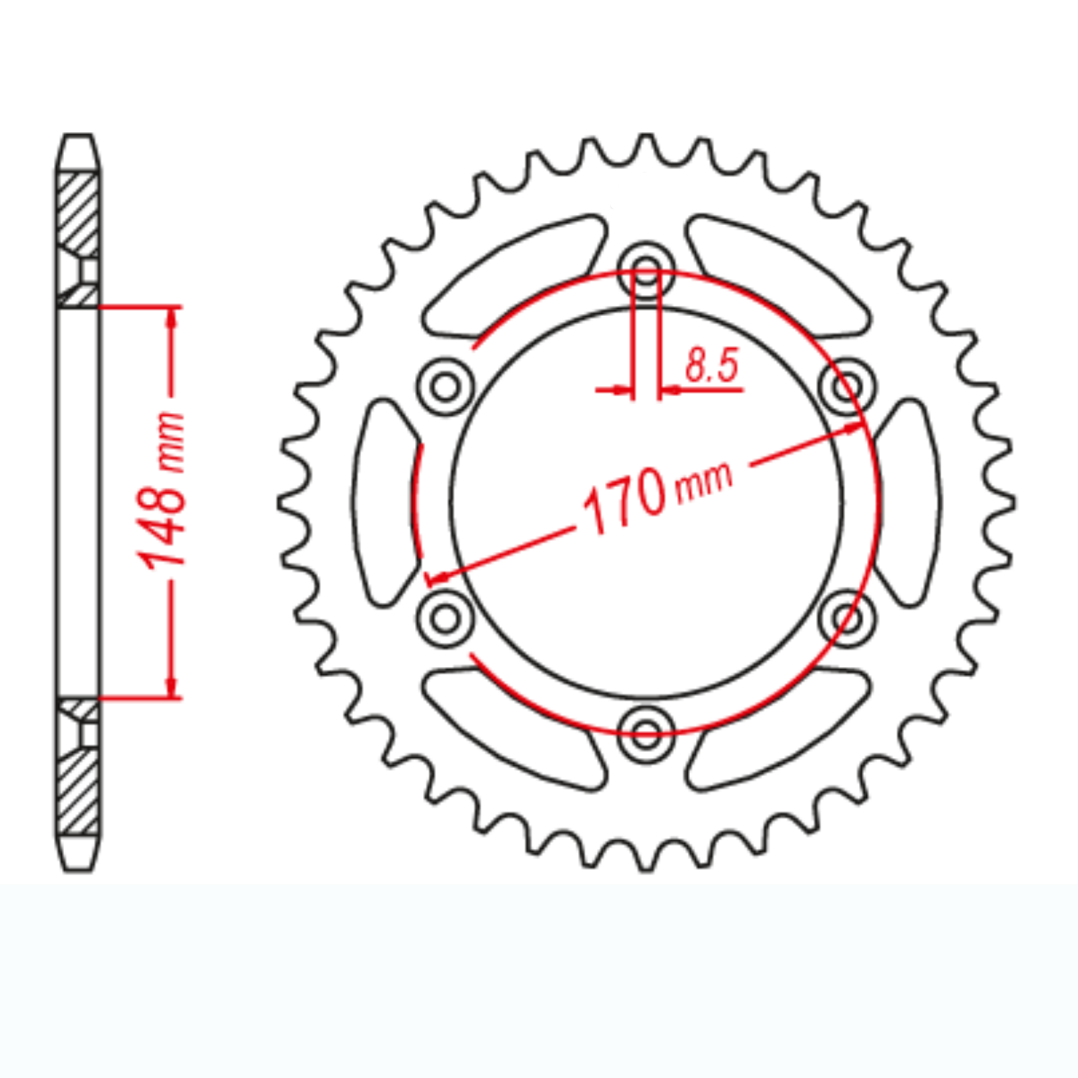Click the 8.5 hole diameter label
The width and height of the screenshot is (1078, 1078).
tap(712, 366)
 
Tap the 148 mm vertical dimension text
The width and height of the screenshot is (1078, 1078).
tap(162, 490)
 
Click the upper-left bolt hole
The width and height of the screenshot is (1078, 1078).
tap(445, 387)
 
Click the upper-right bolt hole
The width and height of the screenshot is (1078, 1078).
tap(847, 387)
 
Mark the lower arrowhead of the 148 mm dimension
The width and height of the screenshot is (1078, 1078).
tap(172, 687)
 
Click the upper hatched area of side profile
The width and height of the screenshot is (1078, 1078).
tap(78, 212)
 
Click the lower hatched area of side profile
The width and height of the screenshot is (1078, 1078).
tap(78, 792)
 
